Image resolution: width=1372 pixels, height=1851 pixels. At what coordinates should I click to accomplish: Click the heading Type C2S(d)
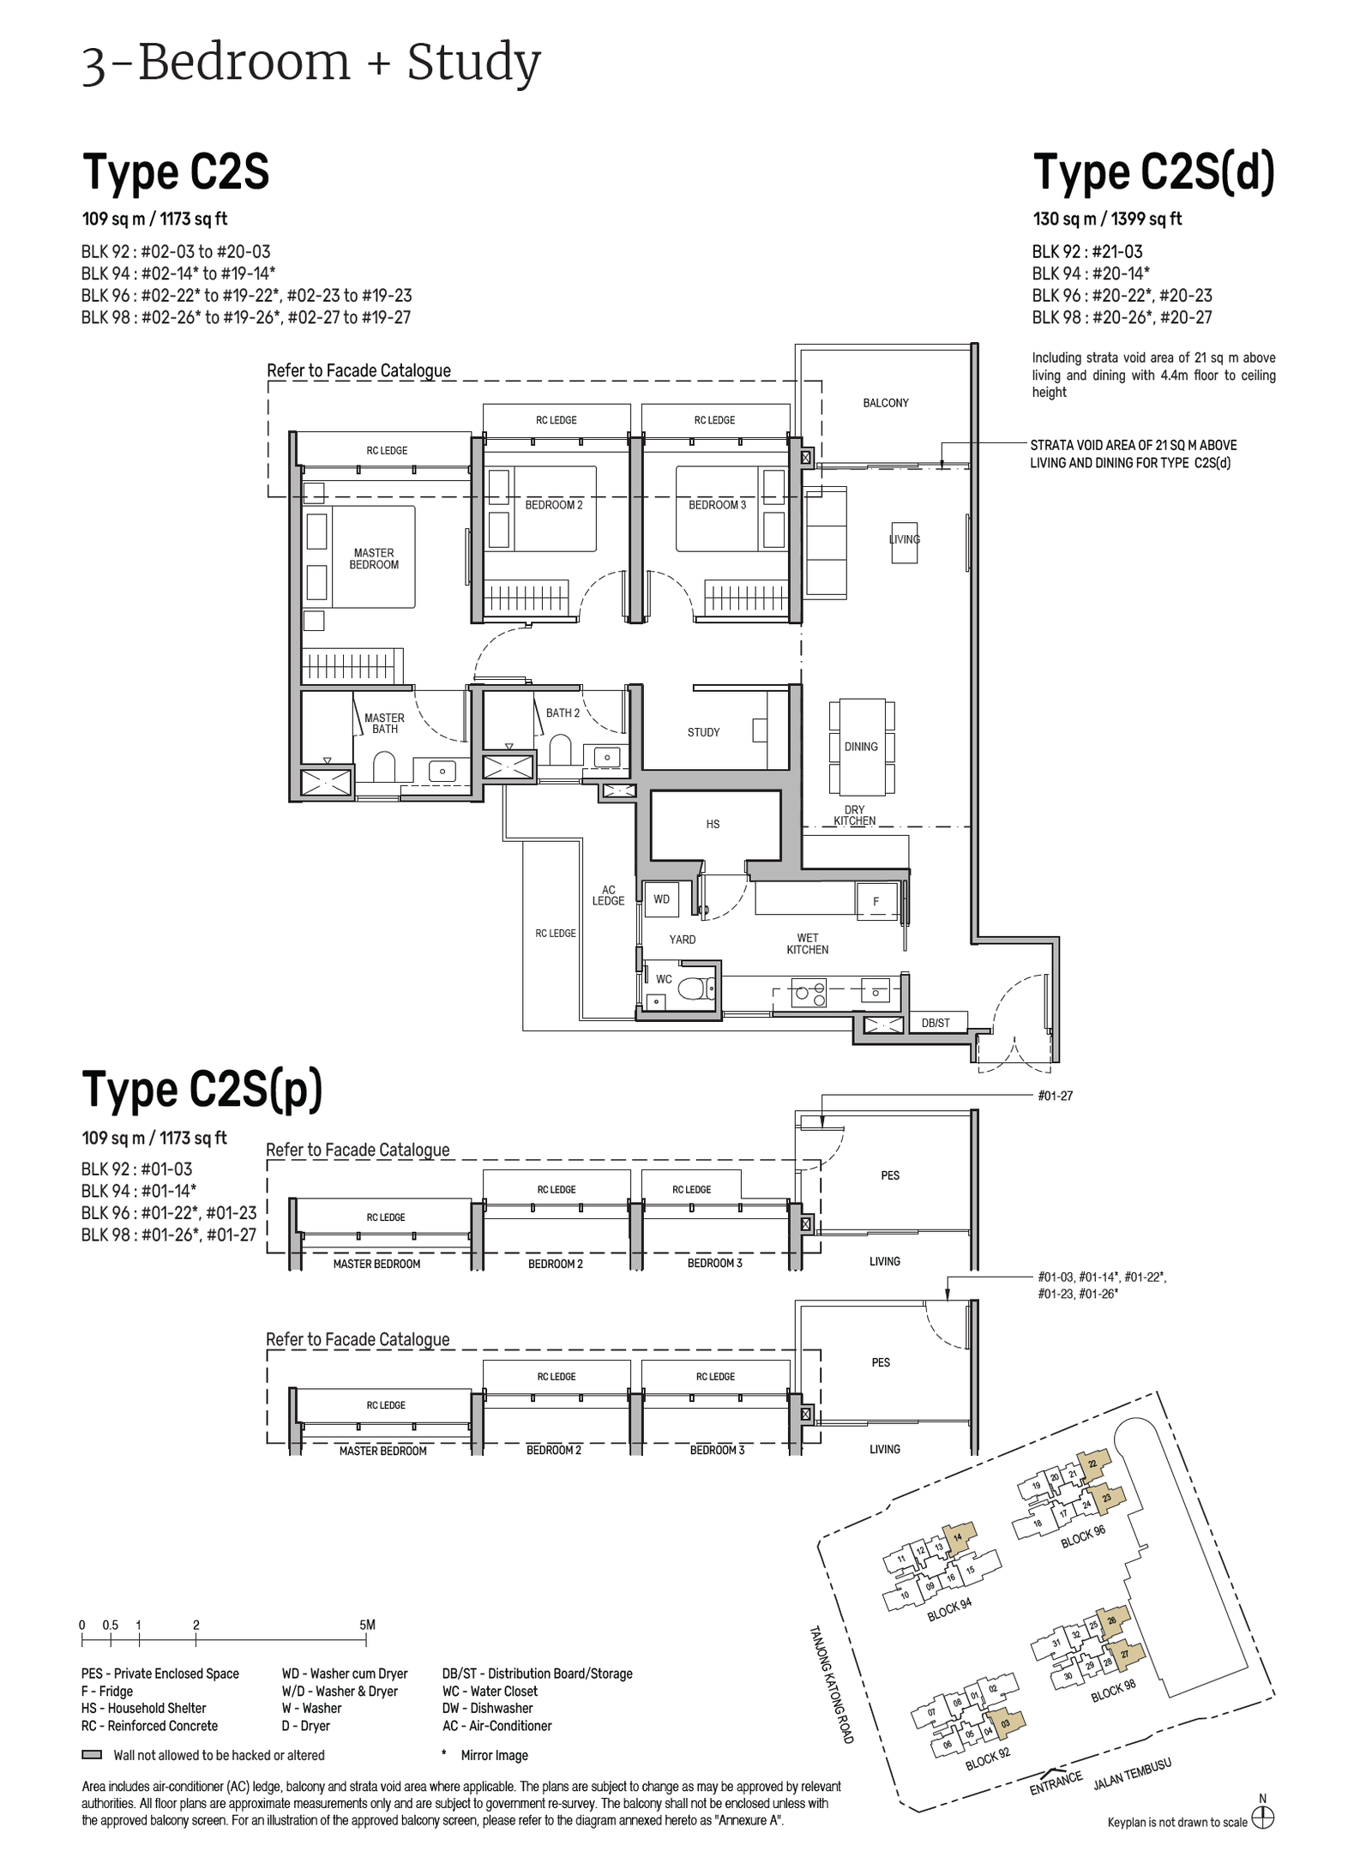(1153, 172)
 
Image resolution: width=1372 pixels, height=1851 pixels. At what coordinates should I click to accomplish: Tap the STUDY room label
(703, 732)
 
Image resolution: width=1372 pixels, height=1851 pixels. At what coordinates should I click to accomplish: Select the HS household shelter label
(713, 824)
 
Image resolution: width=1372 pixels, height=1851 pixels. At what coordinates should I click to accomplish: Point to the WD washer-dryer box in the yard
(661, 899)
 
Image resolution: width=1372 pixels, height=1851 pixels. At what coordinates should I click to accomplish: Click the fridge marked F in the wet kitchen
(876, 902)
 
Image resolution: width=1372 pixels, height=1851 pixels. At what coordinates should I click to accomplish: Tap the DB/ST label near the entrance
(936, 1023)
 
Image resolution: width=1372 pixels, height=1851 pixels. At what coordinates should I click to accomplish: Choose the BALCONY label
(886, 403)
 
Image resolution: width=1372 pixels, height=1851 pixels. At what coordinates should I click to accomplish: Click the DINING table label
(861, 747)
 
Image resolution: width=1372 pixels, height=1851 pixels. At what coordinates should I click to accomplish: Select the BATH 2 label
(563, 712)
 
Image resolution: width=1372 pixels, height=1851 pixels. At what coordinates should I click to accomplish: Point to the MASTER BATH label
(384, 724)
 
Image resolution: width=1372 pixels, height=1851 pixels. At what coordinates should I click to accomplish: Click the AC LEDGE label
(608, 896)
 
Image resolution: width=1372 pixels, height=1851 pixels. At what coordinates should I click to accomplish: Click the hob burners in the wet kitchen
(810, 993)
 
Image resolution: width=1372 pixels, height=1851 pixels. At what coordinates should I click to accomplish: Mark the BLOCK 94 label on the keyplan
(949, 1610)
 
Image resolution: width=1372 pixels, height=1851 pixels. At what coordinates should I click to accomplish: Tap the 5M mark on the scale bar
(367, 1625)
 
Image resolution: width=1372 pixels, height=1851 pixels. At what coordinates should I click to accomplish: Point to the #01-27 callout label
(1055, 1096)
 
